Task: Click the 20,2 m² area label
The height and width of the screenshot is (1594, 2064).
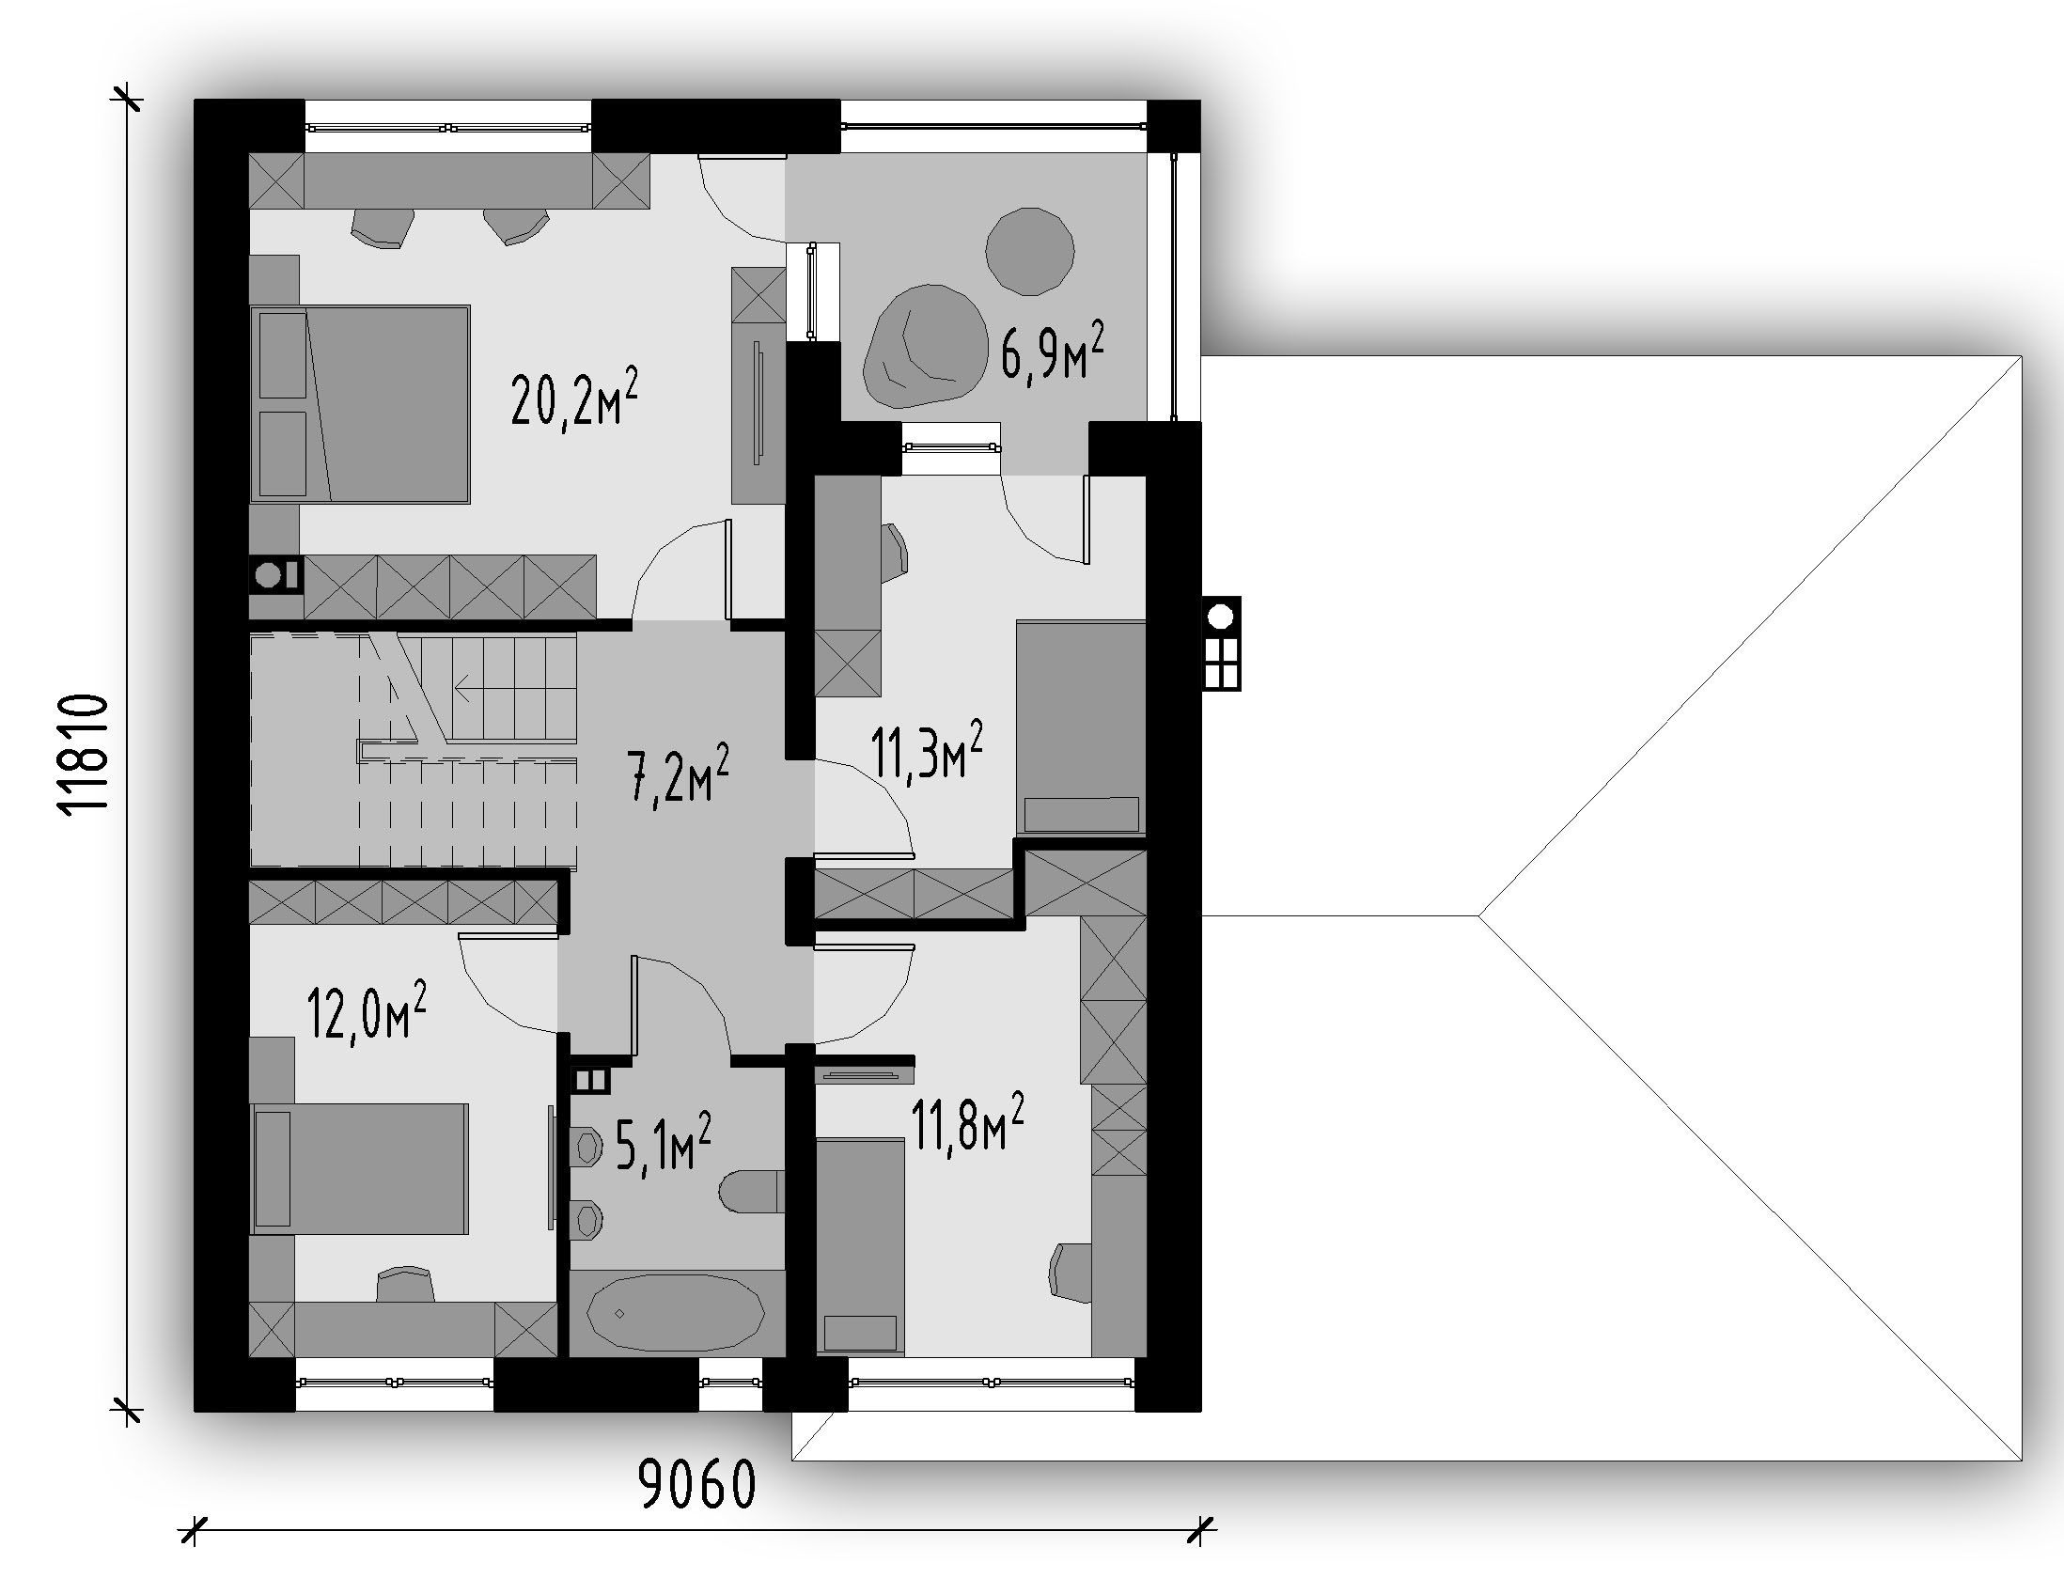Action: (573, 398)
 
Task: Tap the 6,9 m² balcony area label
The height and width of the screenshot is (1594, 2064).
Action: (1052, 351)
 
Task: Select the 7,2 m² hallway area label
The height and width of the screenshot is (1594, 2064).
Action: (678, 773)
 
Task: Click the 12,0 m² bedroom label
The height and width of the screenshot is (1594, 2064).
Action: (367, 1010)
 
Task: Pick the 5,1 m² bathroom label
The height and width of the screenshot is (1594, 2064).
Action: (663, 1141)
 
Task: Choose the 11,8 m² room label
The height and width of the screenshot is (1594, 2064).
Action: (967, 1122)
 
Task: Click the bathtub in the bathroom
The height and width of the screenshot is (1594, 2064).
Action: (676, 1313)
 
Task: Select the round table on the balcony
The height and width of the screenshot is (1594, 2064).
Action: (1029, 251)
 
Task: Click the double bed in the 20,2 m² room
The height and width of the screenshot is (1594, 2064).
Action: (360, 403)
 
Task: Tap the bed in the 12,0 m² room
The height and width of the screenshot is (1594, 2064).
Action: (359, 1169)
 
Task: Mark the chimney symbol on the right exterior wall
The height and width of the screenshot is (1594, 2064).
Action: (1221, 643)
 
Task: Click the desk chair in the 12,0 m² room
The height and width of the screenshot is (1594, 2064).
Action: (405, 1285)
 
